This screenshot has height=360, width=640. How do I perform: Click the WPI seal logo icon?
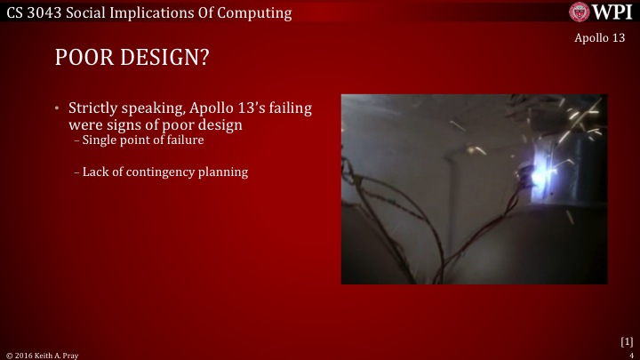tap(580, 12)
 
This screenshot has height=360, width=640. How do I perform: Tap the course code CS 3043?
tap(32, 12)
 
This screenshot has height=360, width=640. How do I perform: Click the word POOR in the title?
tap(84, 58)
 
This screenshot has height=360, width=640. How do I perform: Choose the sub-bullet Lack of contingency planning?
tap(164, 172)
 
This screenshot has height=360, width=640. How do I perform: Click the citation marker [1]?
tap(626, 340)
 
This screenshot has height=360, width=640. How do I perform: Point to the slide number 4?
tap(630, 355)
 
